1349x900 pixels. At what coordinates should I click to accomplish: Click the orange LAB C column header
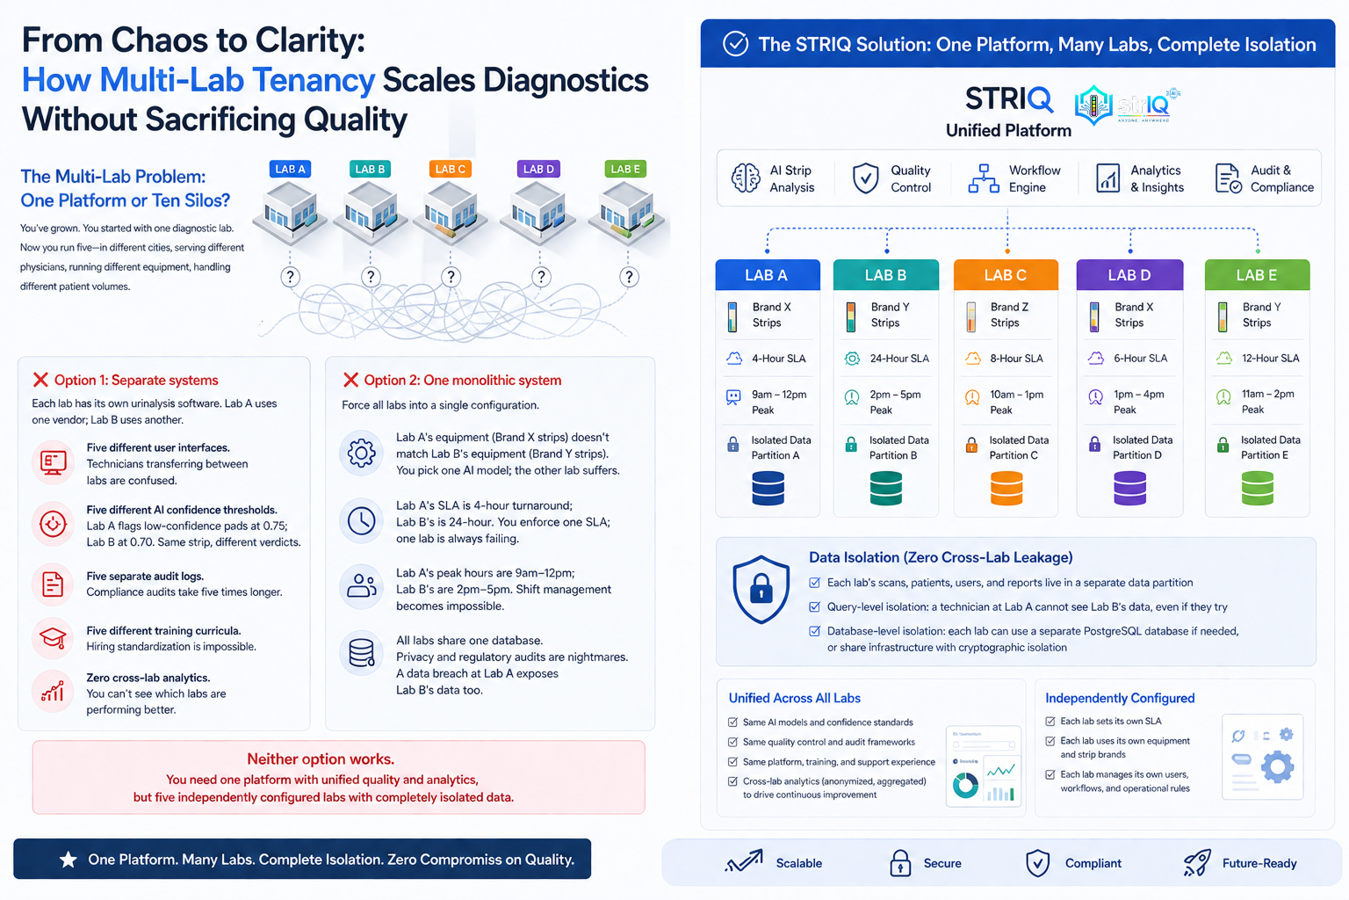[x=1006, y=275]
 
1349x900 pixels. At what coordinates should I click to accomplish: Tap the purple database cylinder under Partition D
[x=1129, y=488]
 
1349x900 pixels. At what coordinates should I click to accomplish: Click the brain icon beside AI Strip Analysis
[x=746, y=178]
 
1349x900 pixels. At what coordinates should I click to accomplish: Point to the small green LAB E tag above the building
[x=625, y=169]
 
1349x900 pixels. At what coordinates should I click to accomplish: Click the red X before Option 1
[x=40, y=380]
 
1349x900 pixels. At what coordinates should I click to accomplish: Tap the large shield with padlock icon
[x=761, y=590]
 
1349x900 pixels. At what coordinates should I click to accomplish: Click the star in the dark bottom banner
[x=68, y=860]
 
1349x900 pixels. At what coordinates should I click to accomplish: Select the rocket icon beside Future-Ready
[x=1197, y=862]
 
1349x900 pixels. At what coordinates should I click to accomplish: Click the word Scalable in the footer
[x=798, y=863]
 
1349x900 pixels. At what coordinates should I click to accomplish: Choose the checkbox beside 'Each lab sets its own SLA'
[x=1050, y=721]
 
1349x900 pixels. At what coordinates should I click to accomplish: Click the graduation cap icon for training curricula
[x=53, y=638]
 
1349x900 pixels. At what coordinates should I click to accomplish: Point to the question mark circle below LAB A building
[x=291, y=277]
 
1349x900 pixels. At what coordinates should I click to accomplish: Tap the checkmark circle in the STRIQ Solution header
[x=735, y=44]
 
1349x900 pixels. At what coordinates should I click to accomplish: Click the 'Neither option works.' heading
[x=321, y=759]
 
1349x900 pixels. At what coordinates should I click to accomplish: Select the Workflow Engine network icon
[x=984, y=178]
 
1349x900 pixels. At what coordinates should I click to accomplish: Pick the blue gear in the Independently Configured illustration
[x=1277, y=766]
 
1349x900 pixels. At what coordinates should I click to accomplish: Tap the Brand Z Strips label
[x=1009, y=315]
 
